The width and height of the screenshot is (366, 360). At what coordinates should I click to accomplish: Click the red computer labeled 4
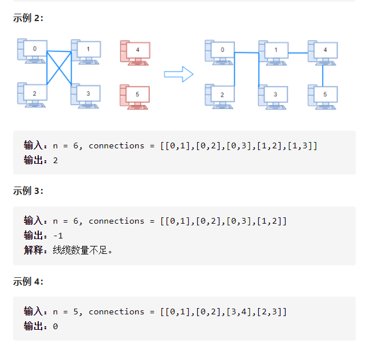pos(135,51)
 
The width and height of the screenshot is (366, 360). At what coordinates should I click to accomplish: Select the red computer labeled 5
pos(135,95)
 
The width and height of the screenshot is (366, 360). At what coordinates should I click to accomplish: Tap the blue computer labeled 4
pos(323,51)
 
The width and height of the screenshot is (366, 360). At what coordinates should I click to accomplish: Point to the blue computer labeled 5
pos(323,95)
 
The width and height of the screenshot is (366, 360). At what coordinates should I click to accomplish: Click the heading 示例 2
pos(29,18)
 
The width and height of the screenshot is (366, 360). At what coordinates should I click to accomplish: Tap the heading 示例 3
pos(29,191)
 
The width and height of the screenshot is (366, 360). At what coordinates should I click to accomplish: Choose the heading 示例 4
pos(29,282)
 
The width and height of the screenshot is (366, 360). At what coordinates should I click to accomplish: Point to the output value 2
pos(55,160)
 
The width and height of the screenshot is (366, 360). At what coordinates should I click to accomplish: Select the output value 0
pos(55,326)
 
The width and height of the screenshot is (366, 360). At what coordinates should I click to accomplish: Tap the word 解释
pos(34,250)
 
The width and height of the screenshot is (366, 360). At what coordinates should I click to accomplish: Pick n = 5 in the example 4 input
pos(66,312)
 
